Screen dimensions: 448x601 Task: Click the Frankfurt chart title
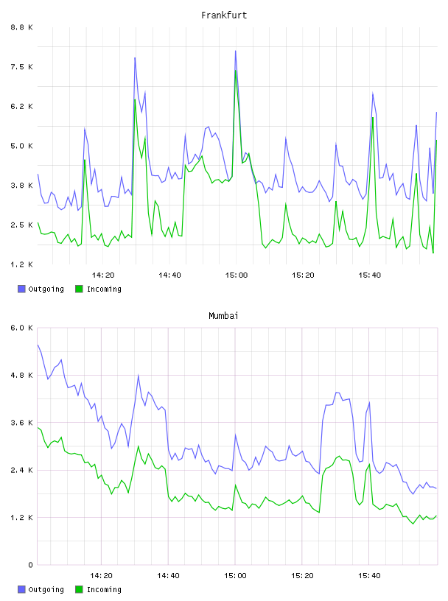tap(224, 15)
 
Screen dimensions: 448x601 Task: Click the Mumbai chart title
tap(223, 315)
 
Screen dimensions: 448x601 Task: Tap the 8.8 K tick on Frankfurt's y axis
tap(22, 27)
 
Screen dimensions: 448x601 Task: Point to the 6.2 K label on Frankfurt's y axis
tap(22, 106)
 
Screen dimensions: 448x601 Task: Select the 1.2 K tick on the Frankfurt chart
tap(22, 264)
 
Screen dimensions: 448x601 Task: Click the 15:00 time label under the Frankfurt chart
tap(237, 275)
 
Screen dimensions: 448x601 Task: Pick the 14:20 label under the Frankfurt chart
tap(103, 275)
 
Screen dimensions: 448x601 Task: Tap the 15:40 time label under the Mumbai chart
tap(369, 575)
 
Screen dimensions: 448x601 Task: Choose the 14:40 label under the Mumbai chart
tap(169, 575)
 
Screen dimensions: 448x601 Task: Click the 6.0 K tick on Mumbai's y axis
tap(22, 328)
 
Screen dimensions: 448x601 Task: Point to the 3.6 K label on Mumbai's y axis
tap(22, 422)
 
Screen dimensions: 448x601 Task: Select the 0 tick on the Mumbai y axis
tap(30, 565)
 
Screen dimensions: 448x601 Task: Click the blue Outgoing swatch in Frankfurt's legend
tap(21, 289)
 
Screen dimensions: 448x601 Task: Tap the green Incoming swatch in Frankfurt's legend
tap(79, 289)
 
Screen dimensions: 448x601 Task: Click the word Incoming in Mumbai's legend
tap(104, 589)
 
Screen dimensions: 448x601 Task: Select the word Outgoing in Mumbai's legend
tap(46, 589)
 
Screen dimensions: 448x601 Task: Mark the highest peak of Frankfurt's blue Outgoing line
tap(236, 51)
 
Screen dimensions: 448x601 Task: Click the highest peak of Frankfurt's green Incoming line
tap(236, 70)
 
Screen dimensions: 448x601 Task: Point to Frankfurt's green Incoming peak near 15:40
tap(372, 117)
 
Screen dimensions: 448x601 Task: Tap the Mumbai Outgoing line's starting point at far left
tap(38, 345)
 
